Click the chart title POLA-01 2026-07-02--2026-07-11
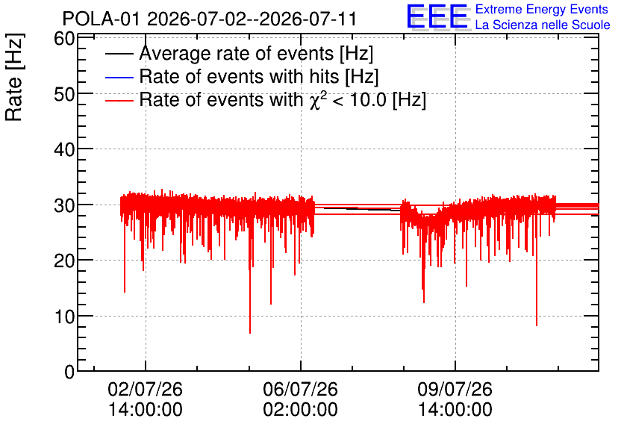pyautogui.click(x=209, y=19)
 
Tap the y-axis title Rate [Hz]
pyautogui.click(x=15, y=77)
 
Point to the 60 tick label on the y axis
pyautogui.click(x=64, y=39)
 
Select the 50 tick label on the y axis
pyautogui.click(x=64, y=94)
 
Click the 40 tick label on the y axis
pyautogui.click(x=64, y=150)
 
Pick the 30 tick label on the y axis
pyautogui.click(x=64, y=206)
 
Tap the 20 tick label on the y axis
pyautogui.click(x=64, y=261)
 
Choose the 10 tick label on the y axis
pyautogui.click(x=64, y=317)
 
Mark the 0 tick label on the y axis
pyautogui.click(x=69, y=372)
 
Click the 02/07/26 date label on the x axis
pyautogui.click(x=146, y=389)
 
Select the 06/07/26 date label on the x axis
pyautogui.click(x=301, y=389)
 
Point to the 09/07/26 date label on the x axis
pyautogui.click(x=455, y=389)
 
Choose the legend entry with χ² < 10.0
pyautogui.click(x=283, y=99)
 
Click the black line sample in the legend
pyautogui.click(x=119, y=54)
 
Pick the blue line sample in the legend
pyautogui.click(x=119, y=77)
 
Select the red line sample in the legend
pyautogui.click(x=119, y=100)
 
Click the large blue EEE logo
pyautogui.click(x=437, y=17)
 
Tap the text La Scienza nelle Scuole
pyautogui.click(x=543, y=25)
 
